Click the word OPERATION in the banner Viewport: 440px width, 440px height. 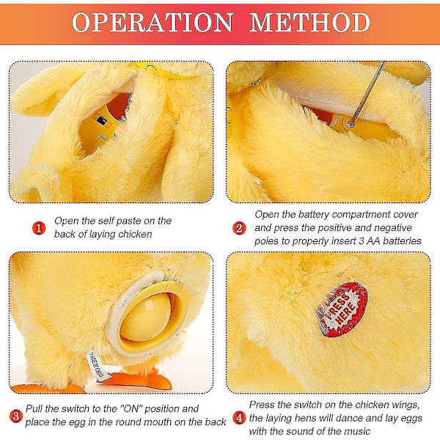coord(153,23)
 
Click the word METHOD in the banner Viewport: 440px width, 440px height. coord(309,23)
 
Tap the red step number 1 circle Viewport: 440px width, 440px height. coord(39,228)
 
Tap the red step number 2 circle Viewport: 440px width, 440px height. coord(239,228)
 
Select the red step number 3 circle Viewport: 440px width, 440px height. coord(16,416)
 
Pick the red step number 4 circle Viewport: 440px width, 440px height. coord(239,418)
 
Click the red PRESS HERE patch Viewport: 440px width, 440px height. coord(342,309)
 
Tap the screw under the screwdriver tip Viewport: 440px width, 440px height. coord(351,124)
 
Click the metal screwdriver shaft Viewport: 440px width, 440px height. coord(367,92)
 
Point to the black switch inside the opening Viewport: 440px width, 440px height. coord(102,121)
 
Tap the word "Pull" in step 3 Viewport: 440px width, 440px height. coord(34,408)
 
